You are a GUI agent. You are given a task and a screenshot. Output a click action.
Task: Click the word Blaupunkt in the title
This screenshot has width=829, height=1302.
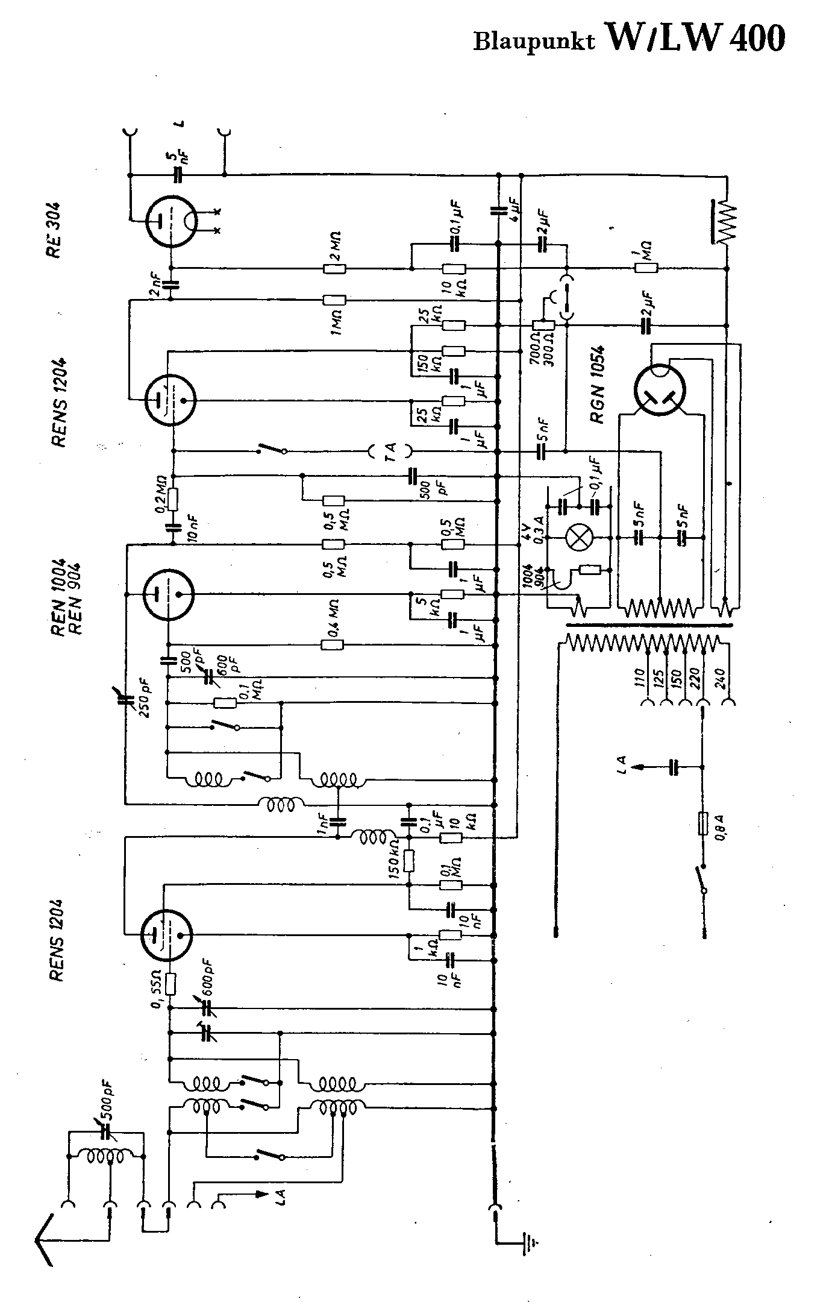click(534, 41)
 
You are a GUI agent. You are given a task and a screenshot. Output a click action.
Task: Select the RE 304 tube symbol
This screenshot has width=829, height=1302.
click(170, 221)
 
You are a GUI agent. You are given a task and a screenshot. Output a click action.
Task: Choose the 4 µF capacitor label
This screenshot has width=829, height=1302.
click(516, 207)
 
